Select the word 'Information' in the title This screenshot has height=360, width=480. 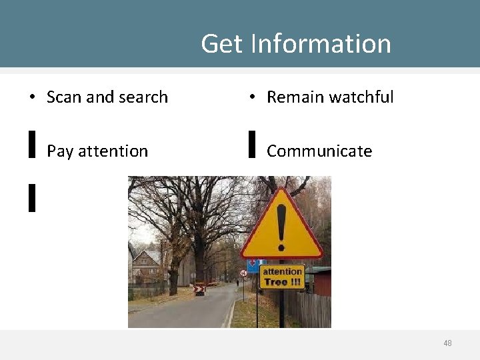321,44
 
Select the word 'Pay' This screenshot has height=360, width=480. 59,151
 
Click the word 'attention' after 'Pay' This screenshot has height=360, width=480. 113,151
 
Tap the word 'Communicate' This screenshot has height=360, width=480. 319,151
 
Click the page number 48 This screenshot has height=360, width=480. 447,343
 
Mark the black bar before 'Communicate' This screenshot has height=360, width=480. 252,144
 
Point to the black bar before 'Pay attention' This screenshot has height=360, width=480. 31,144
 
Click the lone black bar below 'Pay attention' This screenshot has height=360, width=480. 31,198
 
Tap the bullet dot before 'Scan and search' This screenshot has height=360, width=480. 31,97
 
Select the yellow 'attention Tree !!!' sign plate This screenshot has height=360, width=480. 282,277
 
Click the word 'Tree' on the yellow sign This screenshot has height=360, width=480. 275,282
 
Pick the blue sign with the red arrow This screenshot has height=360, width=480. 252,266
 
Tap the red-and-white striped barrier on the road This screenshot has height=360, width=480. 199,290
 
